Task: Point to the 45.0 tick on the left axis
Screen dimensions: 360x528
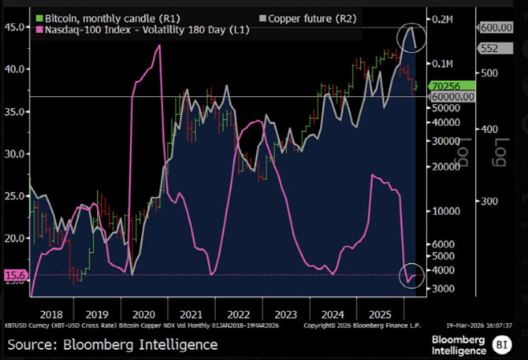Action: [14, 27]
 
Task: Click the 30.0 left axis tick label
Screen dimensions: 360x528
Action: [14, 154]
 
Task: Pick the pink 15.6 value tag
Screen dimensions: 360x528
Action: [15, 275]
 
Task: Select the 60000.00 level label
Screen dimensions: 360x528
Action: [452, 96]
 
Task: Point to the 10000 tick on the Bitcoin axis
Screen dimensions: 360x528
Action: [442, 211]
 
